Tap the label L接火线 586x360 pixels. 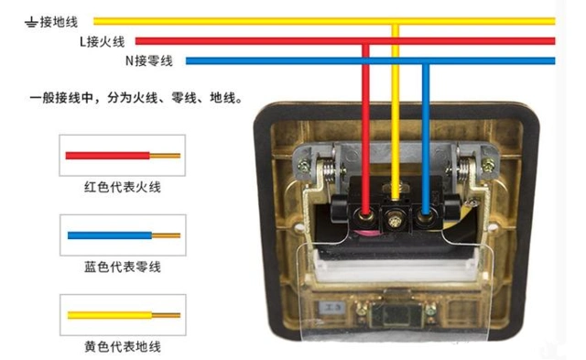point(102,41)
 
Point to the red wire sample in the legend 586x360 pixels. point(122,156)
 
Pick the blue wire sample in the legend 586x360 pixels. point(122,235)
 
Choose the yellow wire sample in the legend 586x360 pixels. point(122,314)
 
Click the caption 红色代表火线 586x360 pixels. point(122,188)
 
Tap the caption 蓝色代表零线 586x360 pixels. point(122,267)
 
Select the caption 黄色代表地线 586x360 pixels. point(122,347)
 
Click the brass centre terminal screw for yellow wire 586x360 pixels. point(396,219)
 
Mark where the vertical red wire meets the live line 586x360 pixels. point(366,41)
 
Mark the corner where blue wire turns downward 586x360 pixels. point(426,61)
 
